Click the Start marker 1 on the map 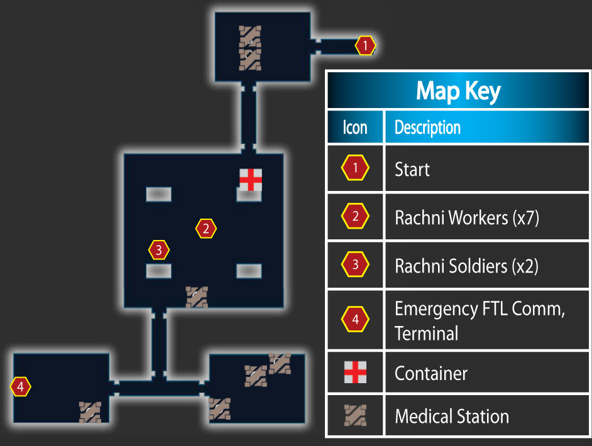click(365, 46)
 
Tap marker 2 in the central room click(206, 229)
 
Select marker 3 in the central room click(158, 250)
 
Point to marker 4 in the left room click(20, 386)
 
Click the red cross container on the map click(251, 180)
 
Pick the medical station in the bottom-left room click(90, 412)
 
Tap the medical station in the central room click(197, 297)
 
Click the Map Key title click(458, 91)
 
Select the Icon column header click(355, 127)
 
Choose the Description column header click(427, 128)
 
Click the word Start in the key click(412, 169)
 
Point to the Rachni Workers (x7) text click(467, 218)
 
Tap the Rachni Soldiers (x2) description click(467, 266)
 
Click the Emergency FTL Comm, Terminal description click(480, 321)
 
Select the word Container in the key click(430, 374)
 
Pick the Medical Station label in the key click(452, 416)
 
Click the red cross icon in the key click(355, 372)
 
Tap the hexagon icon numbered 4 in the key click(355, 319)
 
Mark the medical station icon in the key click(355, 415)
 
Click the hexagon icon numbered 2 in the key click(355, 216)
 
